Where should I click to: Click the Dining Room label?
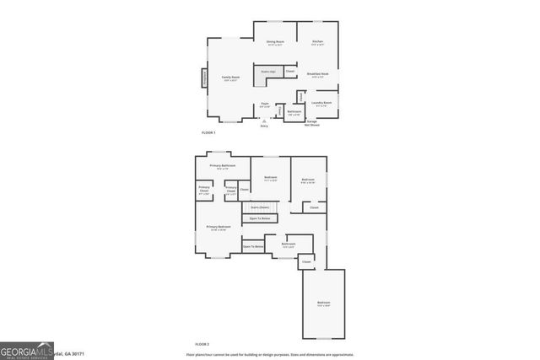tap(275, 42)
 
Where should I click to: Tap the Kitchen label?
tap(317, 42)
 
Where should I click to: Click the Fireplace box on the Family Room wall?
tap(203, 78)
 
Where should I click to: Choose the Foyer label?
tap(265, 105)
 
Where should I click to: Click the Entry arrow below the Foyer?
tap(264, 121)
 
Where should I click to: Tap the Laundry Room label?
tap(321, 104)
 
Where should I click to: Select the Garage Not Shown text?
tap(311, 123)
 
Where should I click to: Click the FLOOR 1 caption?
tap(208, 133)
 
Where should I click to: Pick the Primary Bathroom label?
tap(223, 167)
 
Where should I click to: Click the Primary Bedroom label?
tap(219, 228)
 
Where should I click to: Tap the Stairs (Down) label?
tap(259, 207)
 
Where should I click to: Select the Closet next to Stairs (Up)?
tap(289, 72)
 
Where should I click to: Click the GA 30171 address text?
tap(72, 354)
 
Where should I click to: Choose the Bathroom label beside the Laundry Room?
tap(294, 112)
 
